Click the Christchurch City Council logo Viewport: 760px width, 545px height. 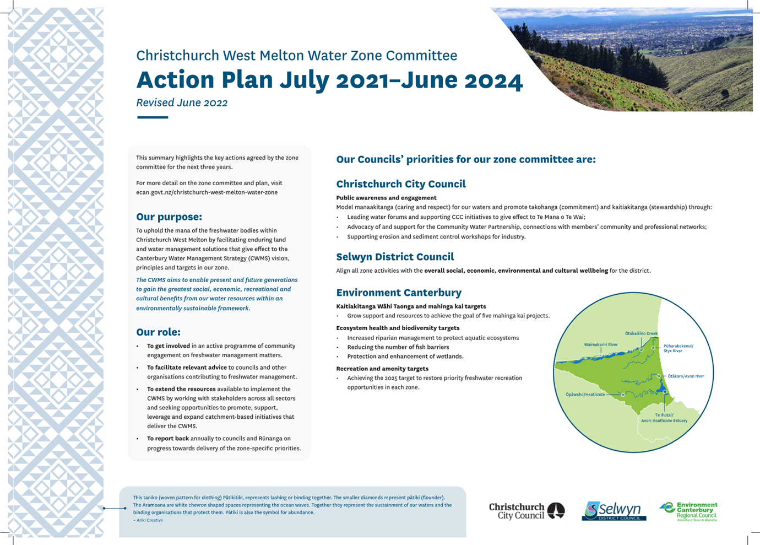click(x=526, y=511)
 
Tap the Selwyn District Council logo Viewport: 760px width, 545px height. click(x=614, y=511)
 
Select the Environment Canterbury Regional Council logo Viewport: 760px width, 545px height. click(x=689, y=511)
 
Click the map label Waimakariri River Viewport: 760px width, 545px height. click(x=600, y=344)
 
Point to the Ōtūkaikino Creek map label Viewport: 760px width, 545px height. click(x=641, y=333)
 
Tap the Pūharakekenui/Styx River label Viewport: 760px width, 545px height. click(x=678, y=348)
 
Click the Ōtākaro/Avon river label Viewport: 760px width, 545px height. click(x=686, y=376)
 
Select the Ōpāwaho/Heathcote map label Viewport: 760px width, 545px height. click(x=585, y=395)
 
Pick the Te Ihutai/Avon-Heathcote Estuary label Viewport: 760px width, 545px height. click(x=664, y=418)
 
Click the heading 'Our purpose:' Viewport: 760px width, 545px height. click(x=169, y=217)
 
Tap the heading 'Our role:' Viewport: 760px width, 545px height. click(x=158, y=332)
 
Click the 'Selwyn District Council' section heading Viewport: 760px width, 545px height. click(x=395, y=257)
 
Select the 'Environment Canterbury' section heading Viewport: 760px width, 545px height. click(x=399, y=293)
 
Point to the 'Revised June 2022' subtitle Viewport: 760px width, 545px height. click(x=182, y=102)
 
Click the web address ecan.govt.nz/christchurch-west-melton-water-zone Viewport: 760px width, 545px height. click(x=207, y=192)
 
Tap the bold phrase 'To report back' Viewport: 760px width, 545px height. click(x=167, y=439)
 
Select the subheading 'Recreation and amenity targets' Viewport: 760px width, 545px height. click(x=382, y=369)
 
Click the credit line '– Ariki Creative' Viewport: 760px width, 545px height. click(x=148, y=520)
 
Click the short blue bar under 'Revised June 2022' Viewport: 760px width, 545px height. click(x=153, y=117)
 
